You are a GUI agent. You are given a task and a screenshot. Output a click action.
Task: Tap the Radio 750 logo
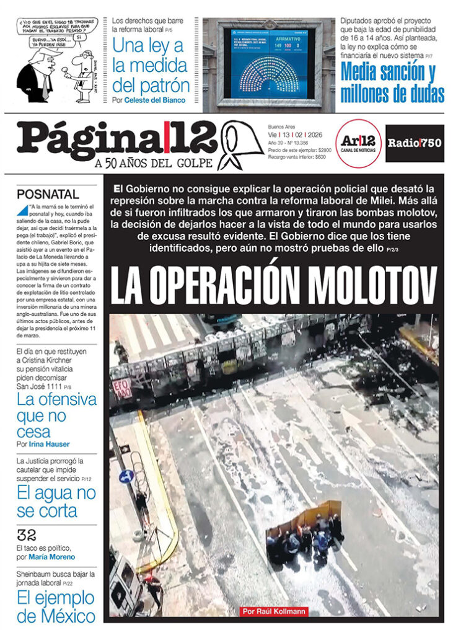point(415,143)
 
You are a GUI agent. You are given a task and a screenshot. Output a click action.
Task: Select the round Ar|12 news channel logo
point(358,143)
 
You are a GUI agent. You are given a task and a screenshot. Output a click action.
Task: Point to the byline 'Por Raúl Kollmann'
point(273,611)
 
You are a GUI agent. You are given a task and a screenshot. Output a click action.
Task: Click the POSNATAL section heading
point(48,194)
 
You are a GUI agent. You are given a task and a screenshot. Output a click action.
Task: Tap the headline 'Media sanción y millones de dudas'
point(392,83)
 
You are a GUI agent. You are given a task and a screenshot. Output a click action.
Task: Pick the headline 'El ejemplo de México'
point(56,607)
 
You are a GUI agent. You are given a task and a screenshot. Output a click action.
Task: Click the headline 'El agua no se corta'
point(56,502)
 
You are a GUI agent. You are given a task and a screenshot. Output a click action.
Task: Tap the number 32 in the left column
point(27,535)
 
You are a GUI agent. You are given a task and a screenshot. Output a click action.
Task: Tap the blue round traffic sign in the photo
point(126,476)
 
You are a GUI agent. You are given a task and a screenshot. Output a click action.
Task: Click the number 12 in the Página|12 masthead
point(192,138)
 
